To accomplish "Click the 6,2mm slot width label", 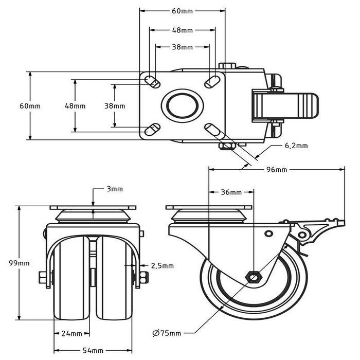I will (x=296, y=146).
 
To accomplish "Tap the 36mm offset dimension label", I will (x=231, y=192).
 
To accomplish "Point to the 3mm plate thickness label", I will (x=114, y=189).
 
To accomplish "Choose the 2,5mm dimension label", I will (x=162, y=266).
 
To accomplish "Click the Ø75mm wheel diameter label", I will (x=167, y=333).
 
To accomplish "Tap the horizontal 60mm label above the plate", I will (x=183, y=11).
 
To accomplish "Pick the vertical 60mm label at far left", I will (x=30, y=106).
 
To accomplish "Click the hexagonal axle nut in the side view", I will (x=254, y=277).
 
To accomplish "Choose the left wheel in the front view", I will (x=71, y=280).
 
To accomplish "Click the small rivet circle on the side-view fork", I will (x=268, y=234).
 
